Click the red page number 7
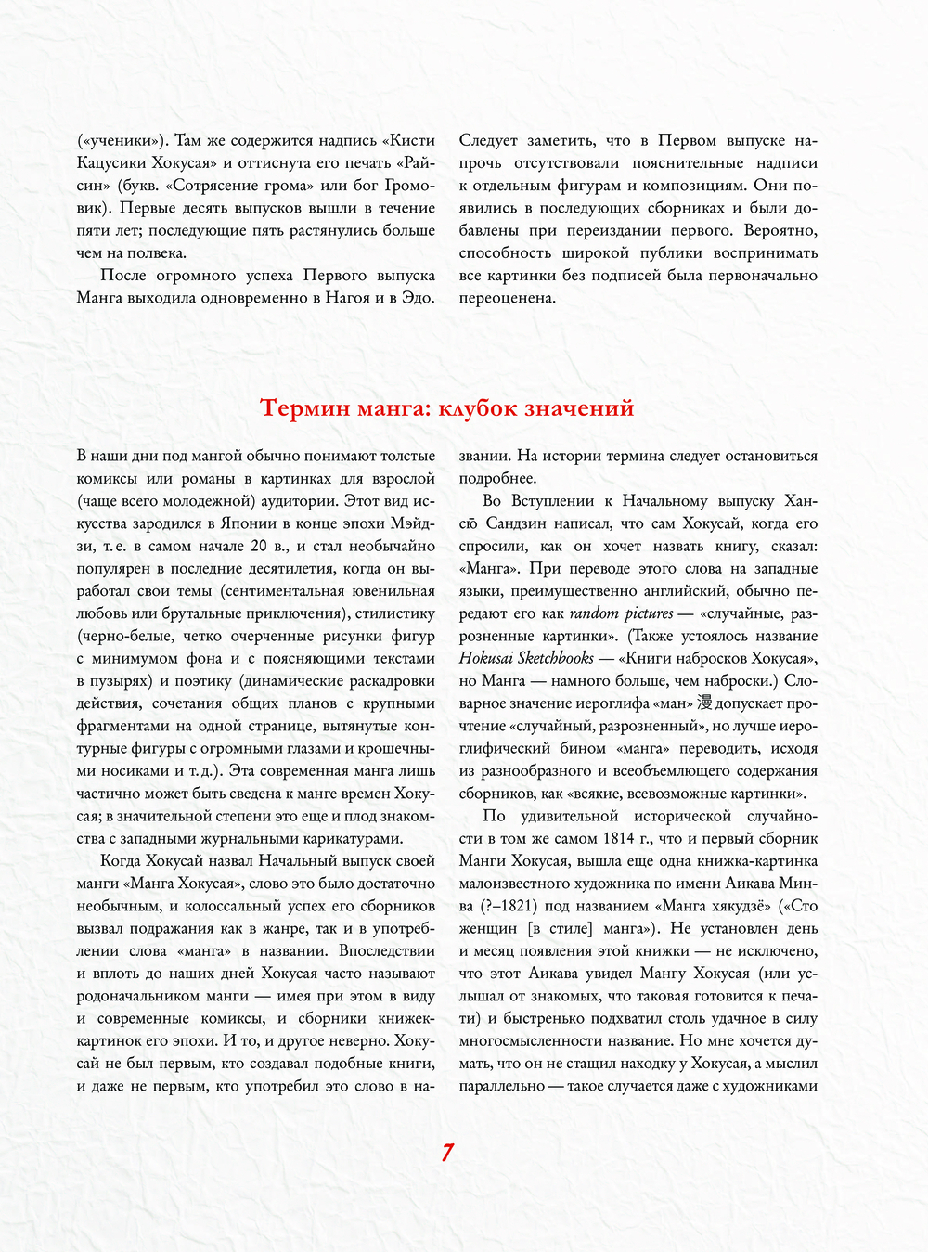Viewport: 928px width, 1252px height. [447, 1153]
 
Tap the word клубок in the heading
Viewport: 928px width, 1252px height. [483, 408]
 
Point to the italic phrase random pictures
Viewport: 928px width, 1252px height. [621, 613]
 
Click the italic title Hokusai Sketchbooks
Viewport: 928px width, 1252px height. [526, 658]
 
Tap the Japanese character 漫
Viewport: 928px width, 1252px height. [704, 703]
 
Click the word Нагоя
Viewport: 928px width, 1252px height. [347, 298]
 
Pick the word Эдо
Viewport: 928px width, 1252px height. [417, 298]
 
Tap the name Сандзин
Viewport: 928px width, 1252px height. [521, 523]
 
